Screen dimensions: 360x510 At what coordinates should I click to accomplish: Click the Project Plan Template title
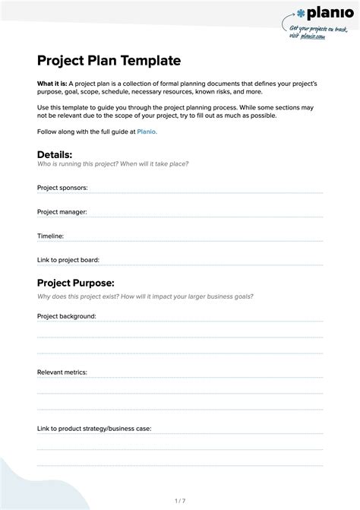pos(109,60)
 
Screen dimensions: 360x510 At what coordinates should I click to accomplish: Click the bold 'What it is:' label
pos(52,82)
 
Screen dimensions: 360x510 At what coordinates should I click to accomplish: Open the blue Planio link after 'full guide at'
pos(147,132)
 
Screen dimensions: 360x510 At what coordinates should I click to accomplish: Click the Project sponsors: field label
pos(62,187)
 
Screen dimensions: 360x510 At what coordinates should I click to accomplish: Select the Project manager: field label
pos(62,211)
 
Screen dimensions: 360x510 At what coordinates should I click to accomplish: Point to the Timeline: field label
pos(50,236)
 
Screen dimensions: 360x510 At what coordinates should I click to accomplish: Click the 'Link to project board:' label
pos(68,260)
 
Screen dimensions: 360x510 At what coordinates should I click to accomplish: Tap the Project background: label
pos(67,315)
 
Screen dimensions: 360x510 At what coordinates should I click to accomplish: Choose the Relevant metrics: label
pos(62,372)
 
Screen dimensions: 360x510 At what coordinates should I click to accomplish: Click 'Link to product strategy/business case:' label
pos(94,428)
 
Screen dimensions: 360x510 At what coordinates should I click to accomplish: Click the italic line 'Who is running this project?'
pos(112,164)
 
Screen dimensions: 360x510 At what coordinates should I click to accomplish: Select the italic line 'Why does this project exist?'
pos(145,296)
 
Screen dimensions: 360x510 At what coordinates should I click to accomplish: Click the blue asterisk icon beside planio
pos(302,13)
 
